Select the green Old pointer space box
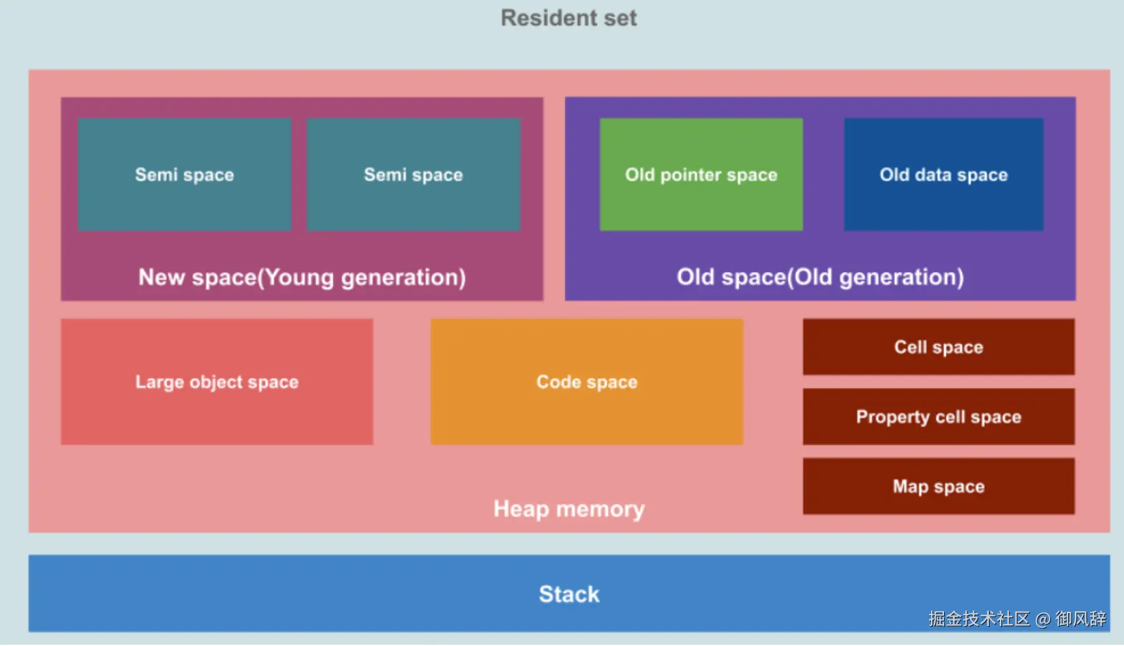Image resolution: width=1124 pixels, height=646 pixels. pyautogui.click(x=701, y=174)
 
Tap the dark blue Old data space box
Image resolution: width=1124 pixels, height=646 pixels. pyautogui.click(x=943, y=174)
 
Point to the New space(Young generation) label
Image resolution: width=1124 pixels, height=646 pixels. pyautogui.click(x=302, y=277)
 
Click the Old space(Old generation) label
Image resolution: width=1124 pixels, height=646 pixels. pyautogui.click(x=820, y=277)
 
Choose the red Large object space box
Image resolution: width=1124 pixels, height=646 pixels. pyautogui.click(x=217, y=382)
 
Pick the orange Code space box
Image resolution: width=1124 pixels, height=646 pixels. pyautogui.click(x=586, y=382)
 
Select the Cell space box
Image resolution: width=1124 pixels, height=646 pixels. pyautogui.click(x=939, y=347)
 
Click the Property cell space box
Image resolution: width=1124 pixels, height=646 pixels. pyautogui.click(x=939, y=416)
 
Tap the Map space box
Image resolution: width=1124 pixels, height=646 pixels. pyautogui.click(x=939, y=486)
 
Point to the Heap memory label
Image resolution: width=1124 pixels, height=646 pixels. pyautogui.click(x=568, y=509)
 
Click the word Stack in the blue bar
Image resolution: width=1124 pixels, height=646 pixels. pyautogui.click(x=569, y=594)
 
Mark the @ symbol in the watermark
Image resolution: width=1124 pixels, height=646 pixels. pyautogui.click(x=1043, y=619)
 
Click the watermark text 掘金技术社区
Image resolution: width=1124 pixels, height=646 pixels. pyautogui.click(x=979, y=619)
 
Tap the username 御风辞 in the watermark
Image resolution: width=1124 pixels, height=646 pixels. pyautogui.click(x=1080, y=619)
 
